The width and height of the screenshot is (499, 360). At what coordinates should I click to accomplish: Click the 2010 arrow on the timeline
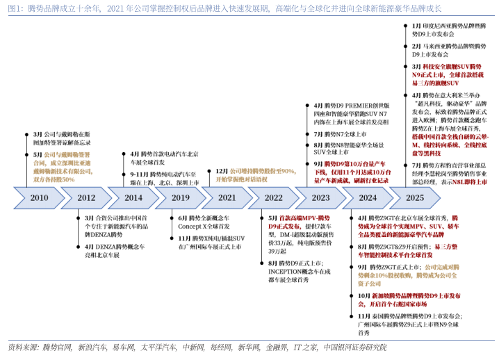pyautogui.click(x=39, y=198)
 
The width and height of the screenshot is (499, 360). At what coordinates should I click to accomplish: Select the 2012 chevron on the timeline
pyautogui.click(x=86, y=198)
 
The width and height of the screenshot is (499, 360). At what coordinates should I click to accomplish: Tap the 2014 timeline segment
pyautogui.click(x=133, y=198)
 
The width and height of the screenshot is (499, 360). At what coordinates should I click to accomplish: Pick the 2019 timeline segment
pyautogui.click(x=181, y=198)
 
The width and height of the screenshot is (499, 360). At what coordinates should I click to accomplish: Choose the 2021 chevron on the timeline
pyautogui.click(x=227, y=198)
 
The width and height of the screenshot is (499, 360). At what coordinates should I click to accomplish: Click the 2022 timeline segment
pyautogui.click(x=274, y=198)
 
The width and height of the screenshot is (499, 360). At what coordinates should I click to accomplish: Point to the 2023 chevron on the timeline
pyautogui.click(x=320, y=198)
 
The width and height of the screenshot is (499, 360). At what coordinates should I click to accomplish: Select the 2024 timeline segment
pyautogui.click(x=368, y=198)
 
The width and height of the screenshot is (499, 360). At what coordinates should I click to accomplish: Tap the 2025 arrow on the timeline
pyautogui.click(x=414, y=198)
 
